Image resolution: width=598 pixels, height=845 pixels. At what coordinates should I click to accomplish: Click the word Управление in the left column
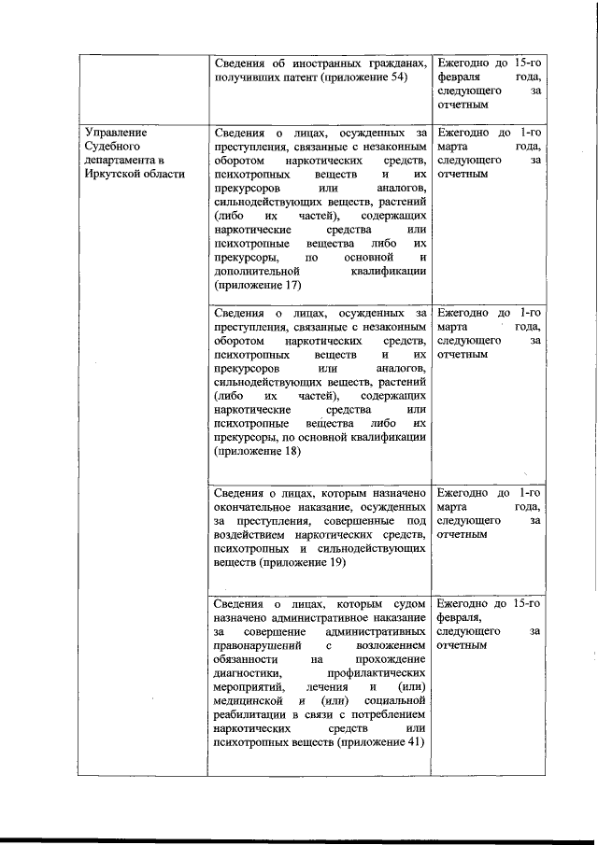click(117, 132)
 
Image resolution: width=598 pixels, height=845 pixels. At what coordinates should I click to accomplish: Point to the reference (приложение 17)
click(257, 285)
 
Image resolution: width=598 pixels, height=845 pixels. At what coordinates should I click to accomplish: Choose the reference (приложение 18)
click(257, 451)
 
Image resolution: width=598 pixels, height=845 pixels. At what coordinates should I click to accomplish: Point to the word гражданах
click(398, 63)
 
